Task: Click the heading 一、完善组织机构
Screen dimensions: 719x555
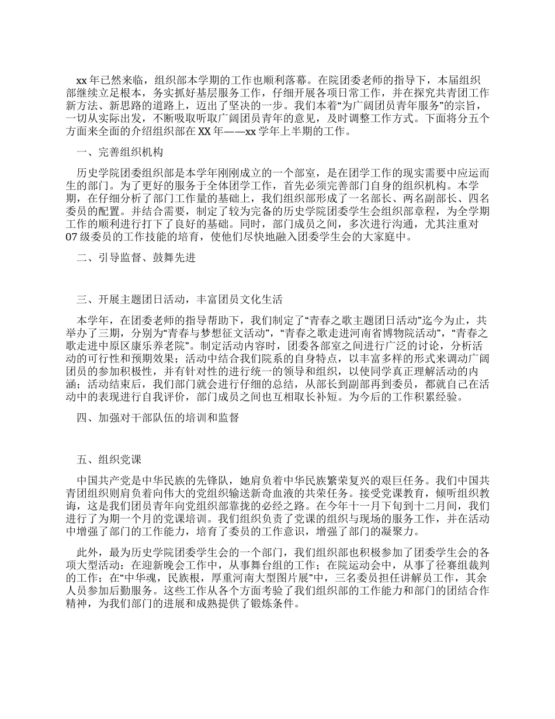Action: [x=120, y=153]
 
